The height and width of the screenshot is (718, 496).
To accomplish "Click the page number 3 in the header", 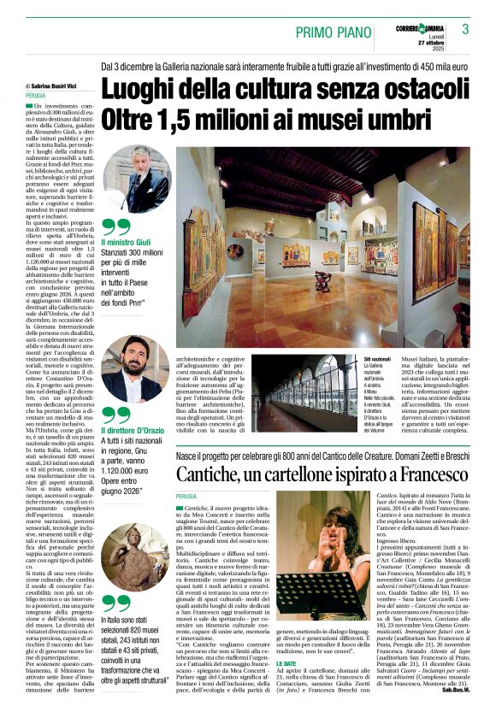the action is point(465,30).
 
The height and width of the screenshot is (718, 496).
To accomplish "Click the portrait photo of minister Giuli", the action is point(137,179).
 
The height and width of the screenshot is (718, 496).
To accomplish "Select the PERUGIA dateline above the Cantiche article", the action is point(186,496).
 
